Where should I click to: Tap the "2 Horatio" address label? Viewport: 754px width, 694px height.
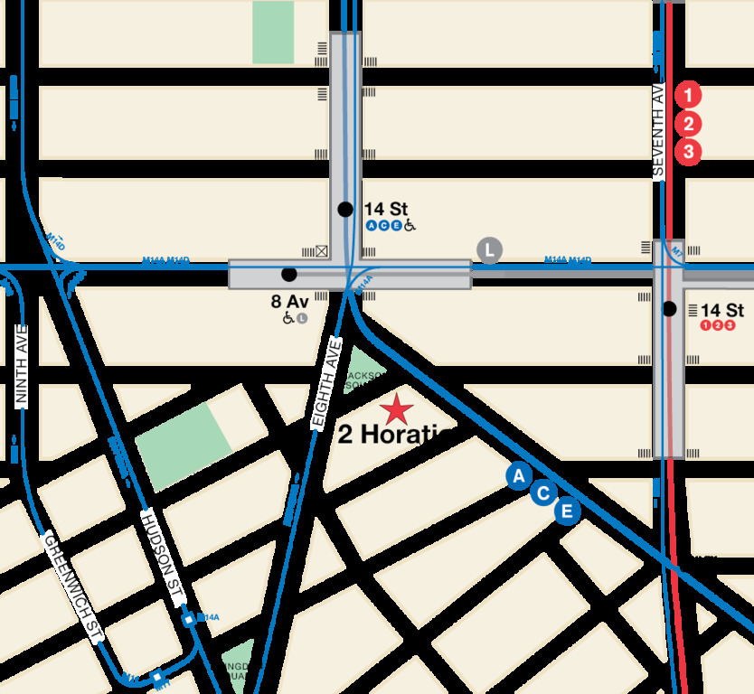coord(395,436)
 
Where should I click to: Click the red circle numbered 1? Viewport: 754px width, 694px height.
coord(688,94)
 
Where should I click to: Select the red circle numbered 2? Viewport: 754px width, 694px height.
coord(688,124)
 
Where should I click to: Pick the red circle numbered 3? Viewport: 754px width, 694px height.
coord(688,152)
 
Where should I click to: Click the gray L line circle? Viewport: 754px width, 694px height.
coord(489,250)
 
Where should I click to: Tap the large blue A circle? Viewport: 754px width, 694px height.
coord(518,476)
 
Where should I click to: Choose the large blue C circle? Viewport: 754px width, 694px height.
coord(543,493)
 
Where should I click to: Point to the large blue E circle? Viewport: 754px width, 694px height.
coord(567,511)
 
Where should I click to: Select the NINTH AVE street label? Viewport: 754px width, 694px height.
coord(22,365)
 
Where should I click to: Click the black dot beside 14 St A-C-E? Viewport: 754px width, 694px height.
coord(344,210)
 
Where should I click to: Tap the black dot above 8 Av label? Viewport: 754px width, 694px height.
coord(288,274)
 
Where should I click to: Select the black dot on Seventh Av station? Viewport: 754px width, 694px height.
coord(669,309)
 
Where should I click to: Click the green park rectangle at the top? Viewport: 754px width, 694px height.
coord(273,32)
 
